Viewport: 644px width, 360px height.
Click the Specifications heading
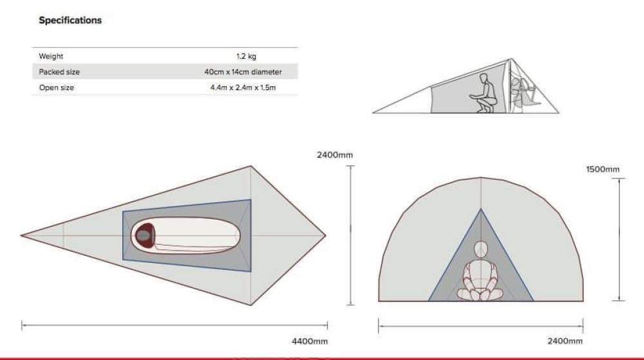coord(70,20)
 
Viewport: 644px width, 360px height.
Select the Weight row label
coord(51,56)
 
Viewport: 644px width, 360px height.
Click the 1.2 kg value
coord(246,56)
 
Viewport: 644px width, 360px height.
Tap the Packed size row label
coord(59,72)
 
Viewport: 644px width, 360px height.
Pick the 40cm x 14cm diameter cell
coord(243,72)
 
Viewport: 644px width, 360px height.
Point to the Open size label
coord(56,88)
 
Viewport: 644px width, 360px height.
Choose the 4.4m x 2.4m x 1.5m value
coord(243,88)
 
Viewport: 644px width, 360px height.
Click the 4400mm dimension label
coord(310,341)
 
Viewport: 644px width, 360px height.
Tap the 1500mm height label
coord(603,169)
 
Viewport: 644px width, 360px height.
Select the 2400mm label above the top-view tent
coord(335,155)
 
